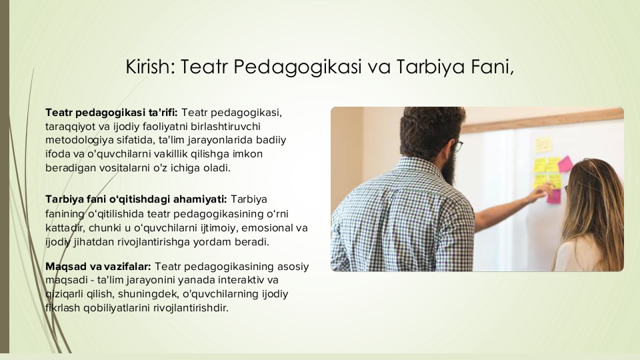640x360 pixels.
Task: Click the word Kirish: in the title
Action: click(x=150, y=67)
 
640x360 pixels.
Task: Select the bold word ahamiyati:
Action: click(x=200, y=199)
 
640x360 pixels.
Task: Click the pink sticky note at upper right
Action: click(x=565, y=164)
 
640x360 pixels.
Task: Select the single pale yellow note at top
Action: click(x=543, y=145)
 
